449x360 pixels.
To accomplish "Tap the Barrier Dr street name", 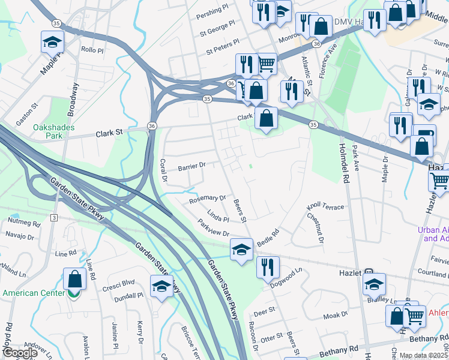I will (191, 166).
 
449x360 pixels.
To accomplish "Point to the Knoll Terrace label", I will (325, 207).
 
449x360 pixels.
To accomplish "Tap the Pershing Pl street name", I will (214, 12).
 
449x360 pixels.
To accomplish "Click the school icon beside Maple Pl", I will (52, 42).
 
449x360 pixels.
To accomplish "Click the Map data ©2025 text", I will (423, 355).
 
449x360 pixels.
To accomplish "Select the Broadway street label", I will (73, 100).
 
